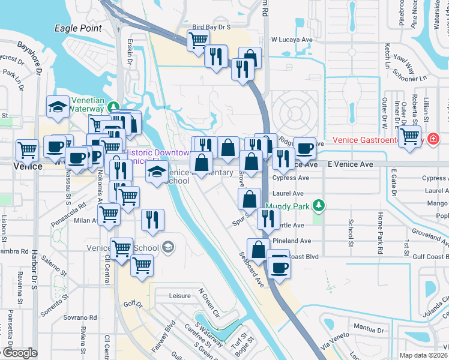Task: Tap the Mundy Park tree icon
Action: [x=319, y=206]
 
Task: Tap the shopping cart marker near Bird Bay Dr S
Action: [x=198, y=40]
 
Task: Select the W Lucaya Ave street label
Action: [x=292, y=39]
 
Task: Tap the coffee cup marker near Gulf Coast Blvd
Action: [x=279, y=266]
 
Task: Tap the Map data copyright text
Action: [x=421, y=355]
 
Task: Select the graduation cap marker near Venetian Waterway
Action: [x=58, y=107]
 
